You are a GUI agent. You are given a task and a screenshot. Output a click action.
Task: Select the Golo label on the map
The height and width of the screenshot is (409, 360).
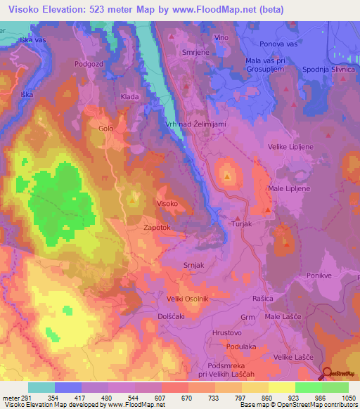pos(105,129)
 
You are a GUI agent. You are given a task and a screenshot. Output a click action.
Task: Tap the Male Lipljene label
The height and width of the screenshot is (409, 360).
pos(287,190)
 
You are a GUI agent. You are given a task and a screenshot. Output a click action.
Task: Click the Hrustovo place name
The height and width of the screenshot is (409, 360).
pos(227,332)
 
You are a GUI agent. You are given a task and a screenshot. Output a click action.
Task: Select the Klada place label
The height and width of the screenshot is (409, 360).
pos(129,96)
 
